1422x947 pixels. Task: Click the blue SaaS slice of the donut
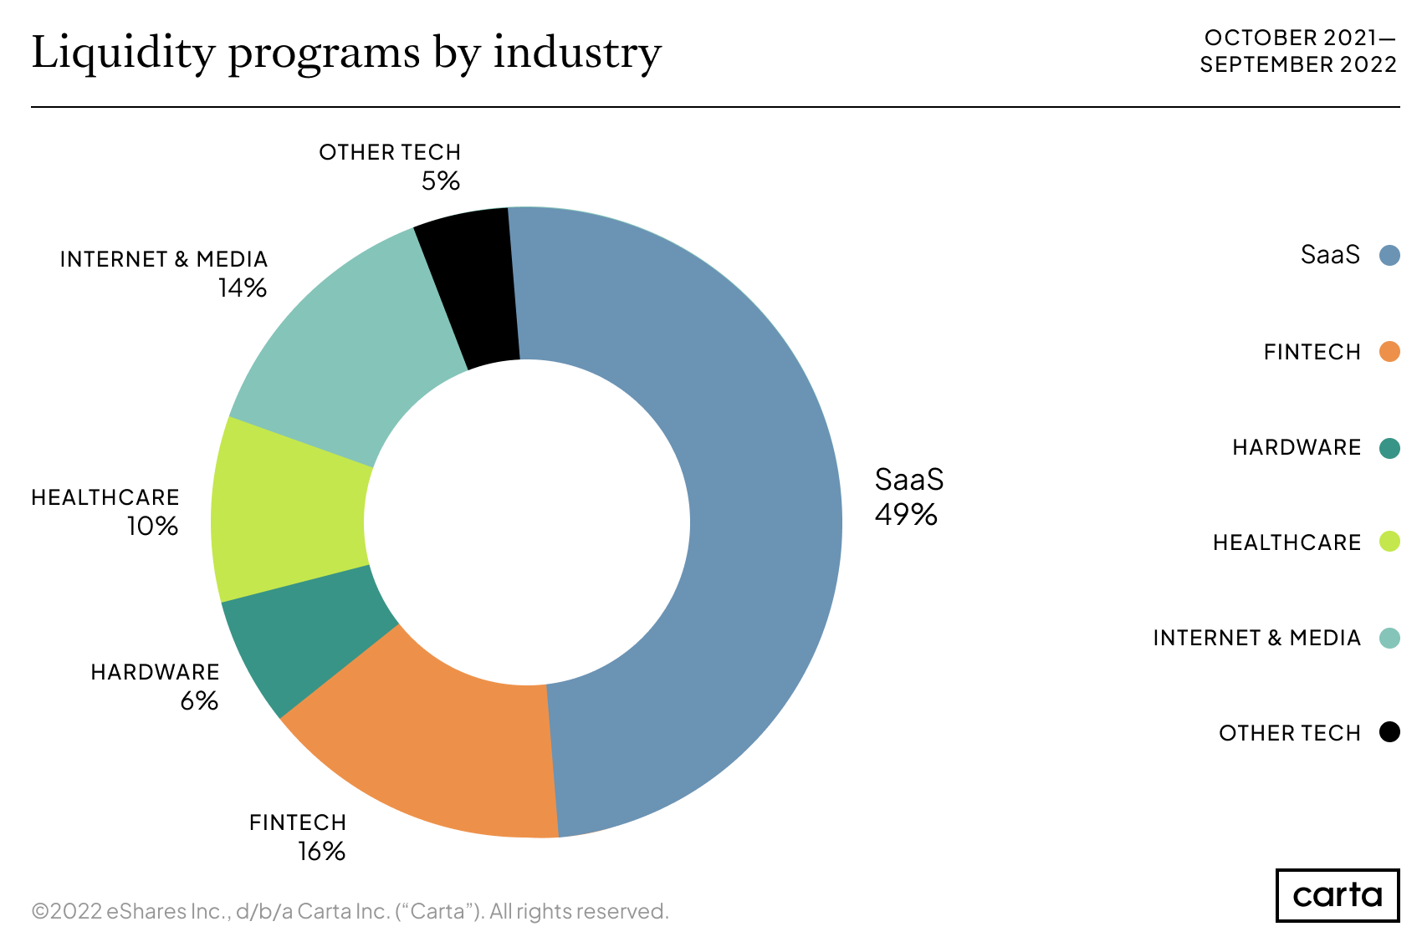point(753,518)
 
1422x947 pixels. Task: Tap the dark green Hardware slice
point(309,644)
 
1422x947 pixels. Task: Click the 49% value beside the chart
point(906,515)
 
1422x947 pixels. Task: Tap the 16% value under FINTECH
point(321,852)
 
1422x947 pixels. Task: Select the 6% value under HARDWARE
point(199,701)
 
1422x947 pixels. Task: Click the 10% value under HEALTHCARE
point(152,527)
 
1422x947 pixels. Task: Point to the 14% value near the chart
point(242,288)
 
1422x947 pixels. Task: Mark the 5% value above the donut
point(440,181)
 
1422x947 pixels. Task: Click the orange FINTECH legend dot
point(1389,352)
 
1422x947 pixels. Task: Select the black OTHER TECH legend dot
point(1389,732)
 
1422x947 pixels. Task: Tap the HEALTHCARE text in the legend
point(1286,543)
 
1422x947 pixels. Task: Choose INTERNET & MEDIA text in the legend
point(1256,639)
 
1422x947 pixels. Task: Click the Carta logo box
point(1337,895)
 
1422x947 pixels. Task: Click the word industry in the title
point(577,53)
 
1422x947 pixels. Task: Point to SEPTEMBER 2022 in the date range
point(1298,64)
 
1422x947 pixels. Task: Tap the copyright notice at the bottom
point(350,911)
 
